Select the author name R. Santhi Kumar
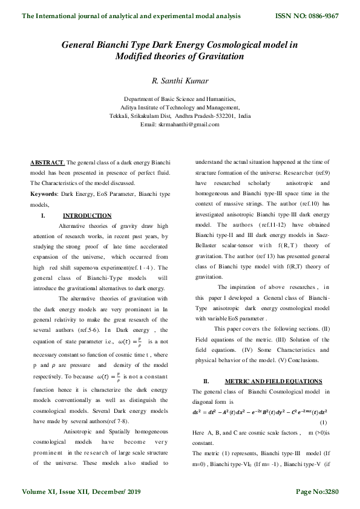(180, 79)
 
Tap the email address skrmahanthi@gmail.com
(180, 124)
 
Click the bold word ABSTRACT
(47, 163)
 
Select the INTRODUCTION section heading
(87, 215)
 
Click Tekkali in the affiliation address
(120, 115)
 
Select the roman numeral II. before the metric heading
(206, 381)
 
